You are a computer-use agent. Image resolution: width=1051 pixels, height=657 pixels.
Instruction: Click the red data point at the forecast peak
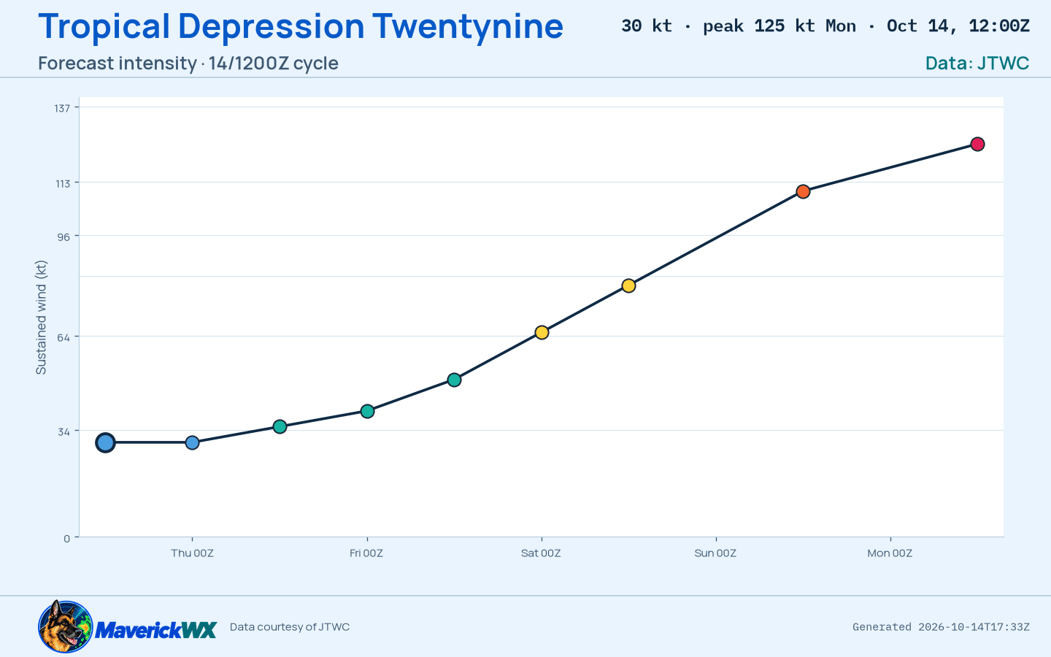click(x=977, y=144)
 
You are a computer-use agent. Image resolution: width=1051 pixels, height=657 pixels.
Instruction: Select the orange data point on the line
click(x=803, y=191)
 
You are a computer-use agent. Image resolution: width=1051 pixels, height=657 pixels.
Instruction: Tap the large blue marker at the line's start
click(x=106, y=442)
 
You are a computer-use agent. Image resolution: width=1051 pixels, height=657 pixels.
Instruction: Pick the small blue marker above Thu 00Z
click(x=192, y=442)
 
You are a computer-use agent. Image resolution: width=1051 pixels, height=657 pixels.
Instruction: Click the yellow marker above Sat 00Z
click(x=542, y=333)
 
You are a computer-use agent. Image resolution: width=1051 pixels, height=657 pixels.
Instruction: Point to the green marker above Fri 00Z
click(x=367, y=412)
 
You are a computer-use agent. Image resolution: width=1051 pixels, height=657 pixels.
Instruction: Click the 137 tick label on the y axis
click(x=62, y=108)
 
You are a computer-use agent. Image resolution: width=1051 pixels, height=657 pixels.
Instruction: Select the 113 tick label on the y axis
click(x=63, y=183)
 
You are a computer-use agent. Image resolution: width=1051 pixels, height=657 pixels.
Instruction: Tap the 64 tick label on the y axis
click(x=63, y=337)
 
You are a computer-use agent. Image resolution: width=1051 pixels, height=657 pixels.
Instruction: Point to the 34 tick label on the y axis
click(x=63, y=431)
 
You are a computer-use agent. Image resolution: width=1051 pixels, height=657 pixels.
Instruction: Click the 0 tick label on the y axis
click(x=66, y=538)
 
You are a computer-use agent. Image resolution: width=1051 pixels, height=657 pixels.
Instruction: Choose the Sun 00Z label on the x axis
click(x=715, y=553)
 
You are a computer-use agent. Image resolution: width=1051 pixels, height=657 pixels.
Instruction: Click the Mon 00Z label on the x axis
click(x=890, y=553)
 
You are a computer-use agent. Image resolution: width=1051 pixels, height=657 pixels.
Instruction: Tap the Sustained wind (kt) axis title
click(x=42, y=318)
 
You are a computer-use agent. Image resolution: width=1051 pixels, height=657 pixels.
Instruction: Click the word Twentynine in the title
click(x=468, y=26)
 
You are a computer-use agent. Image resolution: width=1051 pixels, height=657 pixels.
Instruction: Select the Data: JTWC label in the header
click(x=977, y=64)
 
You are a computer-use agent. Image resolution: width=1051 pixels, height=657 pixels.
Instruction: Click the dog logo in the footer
click(x=65, y=626)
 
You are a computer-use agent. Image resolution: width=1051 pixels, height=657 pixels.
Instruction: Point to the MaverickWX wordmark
click(x=155, y=630)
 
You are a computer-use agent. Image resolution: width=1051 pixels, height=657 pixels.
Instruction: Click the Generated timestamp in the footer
click(x=942, y=627)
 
